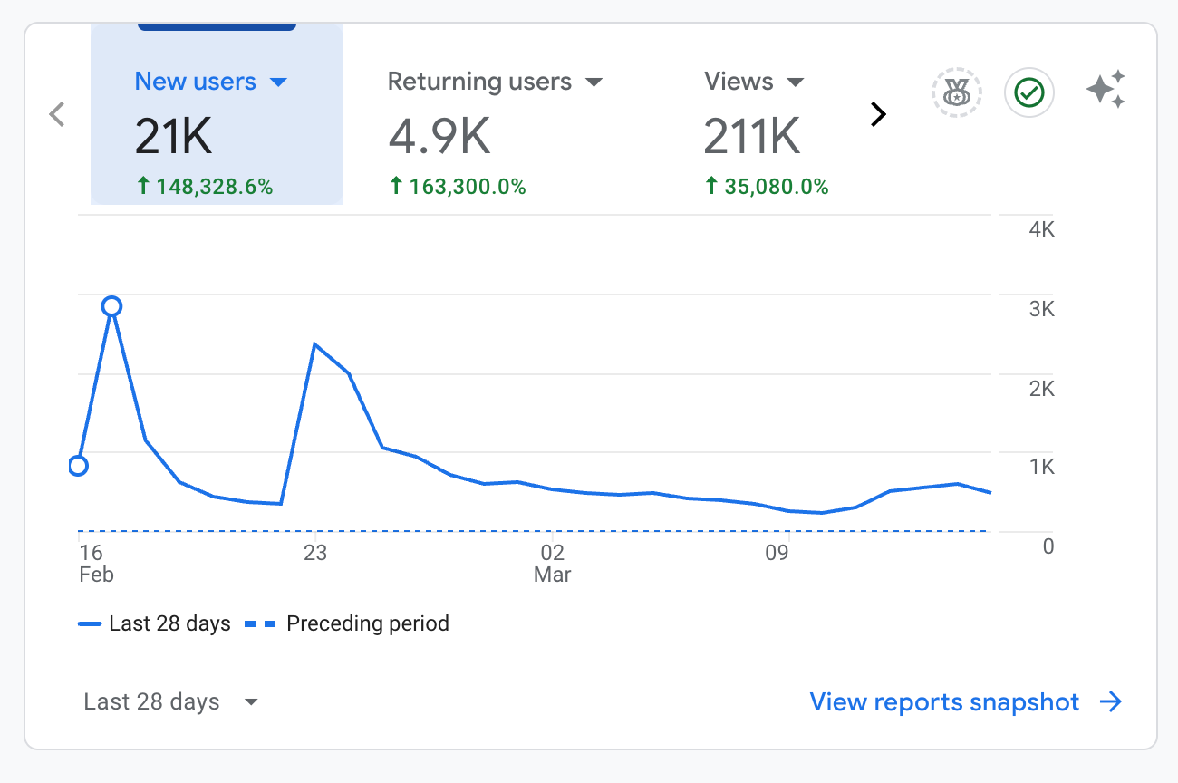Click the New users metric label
point(195,82)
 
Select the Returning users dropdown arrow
point(594,82)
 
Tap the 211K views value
point(752,136)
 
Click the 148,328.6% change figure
point(205,186)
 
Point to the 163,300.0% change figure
point(458,186)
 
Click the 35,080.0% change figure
point(767,186)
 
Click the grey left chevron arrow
point(57,114)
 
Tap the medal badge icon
point(957,92)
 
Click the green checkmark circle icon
point(1029,92)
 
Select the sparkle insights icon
point(1106,90)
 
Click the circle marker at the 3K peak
point(112,306)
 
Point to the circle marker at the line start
point(78,466)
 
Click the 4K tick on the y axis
point(1042,229)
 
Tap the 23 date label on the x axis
point(315,553)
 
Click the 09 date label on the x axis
point(777,553)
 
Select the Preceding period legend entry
point(347,623)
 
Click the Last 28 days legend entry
point(155,623)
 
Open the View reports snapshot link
point(966,702)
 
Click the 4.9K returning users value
point(439,136)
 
